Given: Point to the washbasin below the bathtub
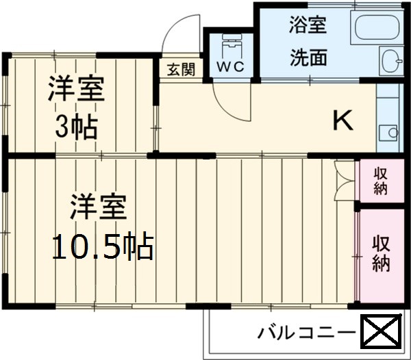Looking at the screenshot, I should click(392, 62).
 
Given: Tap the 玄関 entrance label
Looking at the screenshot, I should click(181, 69).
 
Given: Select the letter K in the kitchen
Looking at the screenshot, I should click(342, 121).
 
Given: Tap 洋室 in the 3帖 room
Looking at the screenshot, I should click(76, 90).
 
